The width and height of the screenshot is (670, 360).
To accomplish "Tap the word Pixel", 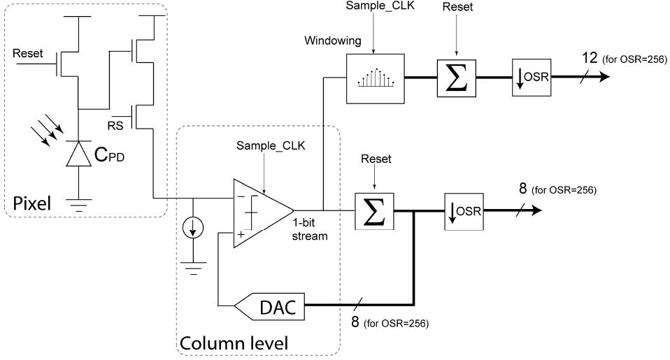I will [x=30, y=203].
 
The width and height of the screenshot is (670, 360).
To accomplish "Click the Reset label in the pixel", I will [x=27, y=53].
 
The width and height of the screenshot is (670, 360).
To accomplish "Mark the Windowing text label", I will [x=333, y=41].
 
